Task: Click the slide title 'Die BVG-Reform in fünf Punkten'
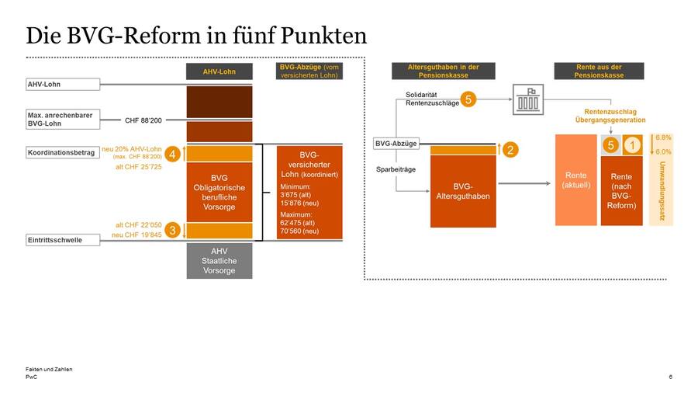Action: pyautogui.click(x=196, y=36)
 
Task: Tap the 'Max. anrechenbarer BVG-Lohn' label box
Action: pyautogui.click(x=62, y=120)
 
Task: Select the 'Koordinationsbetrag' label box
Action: pyautogui.click(x=62, y=152)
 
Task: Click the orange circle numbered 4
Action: pyautogui.click(x=173, y=155)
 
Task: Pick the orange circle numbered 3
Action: pyautogui.click(x=173, y=230)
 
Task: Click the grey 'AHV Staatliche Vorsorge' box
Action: pyautogui.click(x=219, y=261)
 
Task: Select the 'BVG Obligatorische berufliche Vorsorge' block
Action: pyautogui.click(x=219, y=192)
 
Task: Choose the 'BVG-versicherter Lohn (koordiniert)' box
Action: pyautogui.click(x=309, y=192)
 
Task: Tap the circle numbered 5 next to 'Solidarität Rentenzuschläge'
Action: pyautogui.click(x=468, y=99)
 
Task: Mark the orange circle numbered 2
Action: pyautogui.click(x=510, y=150)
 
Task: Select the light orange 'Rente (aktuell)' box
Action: pyautogui.click(x=575, y=180)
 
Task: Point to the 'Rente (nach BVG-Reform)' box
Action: pyautogui.click(x=621, y=191)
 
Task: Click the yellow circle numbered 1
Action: pyautogui.click(x=632, y=144)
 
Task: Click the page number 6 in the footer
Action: pyautogui.click(x=670, y=377)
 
